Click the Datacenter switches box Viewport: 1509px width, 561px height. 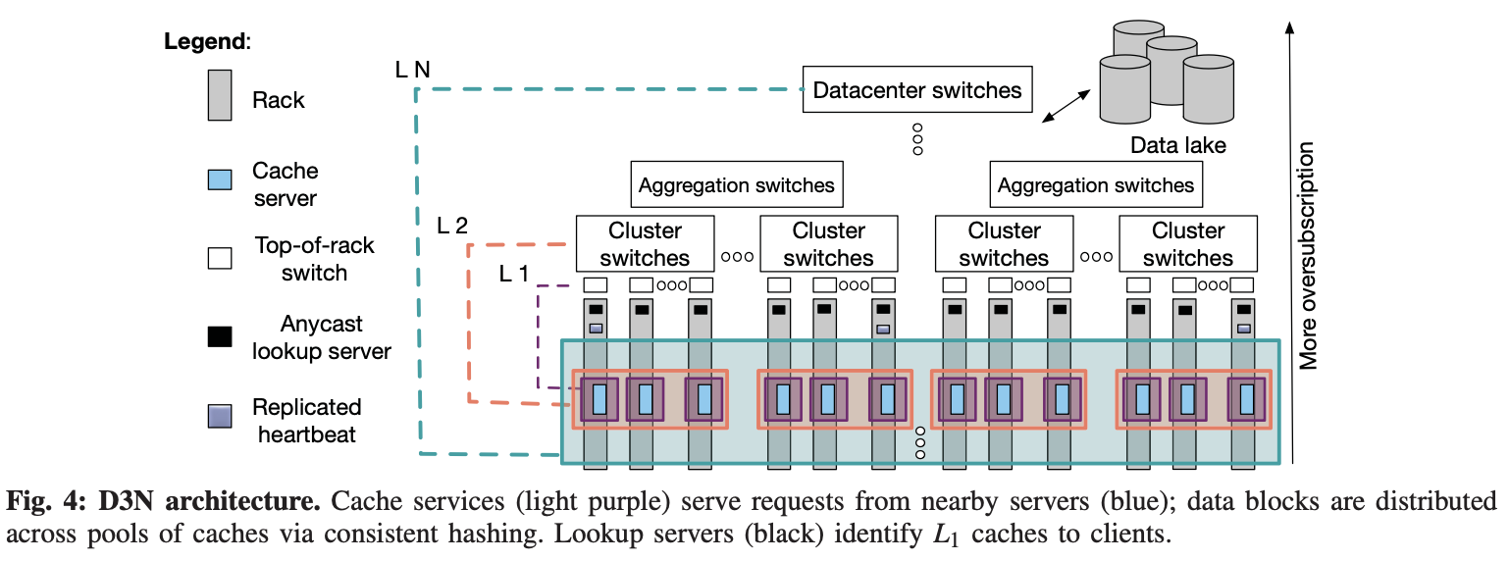[917, 91]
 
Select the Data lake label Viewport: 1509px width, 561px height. [1177, 145]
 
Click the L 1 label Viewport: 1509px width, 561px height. [513, 274]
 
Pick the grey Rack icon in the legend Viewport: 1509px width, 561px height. [220, 96]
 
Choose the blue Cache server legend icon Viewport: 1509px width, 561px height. [220, 179]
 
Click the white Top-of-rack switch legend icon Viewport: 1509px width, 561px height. [220, 258]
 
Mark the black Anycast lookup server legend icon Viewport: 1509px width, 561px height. [220, 336]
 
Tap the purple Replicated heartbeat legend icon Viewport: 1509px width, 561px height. [220, 416]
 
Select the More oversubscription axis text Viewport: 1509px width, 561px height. [1307, 257]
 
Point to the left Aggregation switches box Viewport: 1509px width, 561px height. [736, 184]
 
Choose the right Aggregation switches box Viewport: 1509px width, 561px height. [1095, 184]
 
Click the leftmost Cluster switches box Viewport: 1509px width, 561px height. [645, 244]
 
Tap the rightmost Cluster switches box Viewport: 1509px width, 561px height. [1187, 244]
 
